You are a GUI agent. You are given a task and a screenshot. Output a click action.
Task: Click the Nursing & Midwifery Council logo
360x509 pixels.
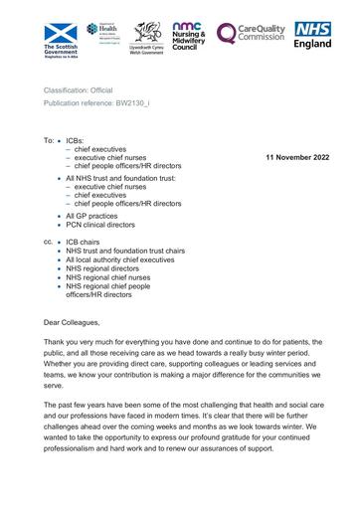point(188,38)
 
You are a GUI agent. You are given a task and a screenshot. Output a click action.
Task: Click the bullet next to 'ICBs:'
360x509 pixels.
point(60,142)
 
